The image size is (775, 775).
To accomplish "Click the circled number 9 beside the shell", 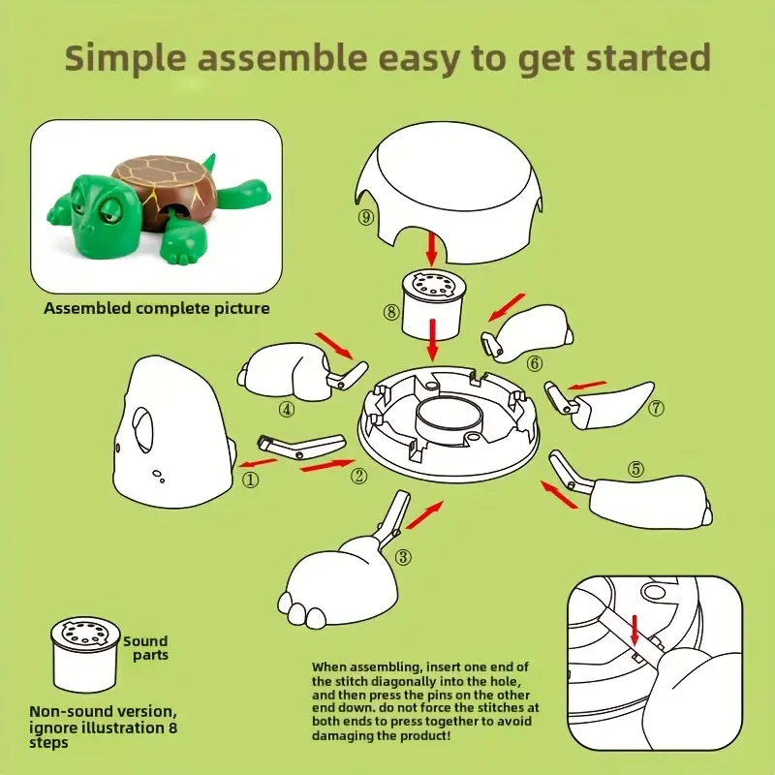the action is pos(366,217).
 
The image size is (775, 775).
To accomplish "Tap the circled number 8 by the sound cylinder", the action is pos(391,312).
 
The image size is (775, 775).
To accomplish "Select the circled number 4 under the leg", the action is pos(287,409).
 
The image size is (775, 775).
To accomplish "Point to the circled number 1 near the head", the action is pos(251,479).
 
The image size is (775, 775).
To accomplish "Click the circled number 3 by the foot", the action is pos(403,557).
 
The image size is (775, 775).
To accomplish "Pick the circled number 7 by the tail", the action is pos(657,408).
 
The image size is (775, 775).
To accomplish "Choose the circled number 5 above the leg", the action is pos(636,469).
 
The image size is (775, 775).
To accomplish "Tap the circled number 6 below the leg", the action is pos(535,364).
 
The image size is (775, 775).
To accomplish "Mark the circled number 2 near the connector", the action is pos(359,476).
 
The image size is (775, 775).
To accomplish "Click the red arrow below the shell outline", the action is pos(432,249).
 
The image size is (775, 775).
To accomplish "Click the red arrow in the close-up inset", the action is pos(635,630).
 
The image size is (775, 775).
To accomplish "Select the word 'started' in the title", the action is pos(648,57).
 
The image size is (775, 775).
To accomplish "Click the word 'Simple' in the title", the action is pos(126,59).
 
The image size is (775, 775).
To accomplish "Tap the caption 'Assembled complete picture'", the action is pos(157,308).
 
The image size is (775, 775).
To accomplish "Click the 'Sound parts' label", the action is pos(146,648).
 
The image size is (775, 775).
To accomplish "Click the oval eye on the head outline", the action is pos(143,429).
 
